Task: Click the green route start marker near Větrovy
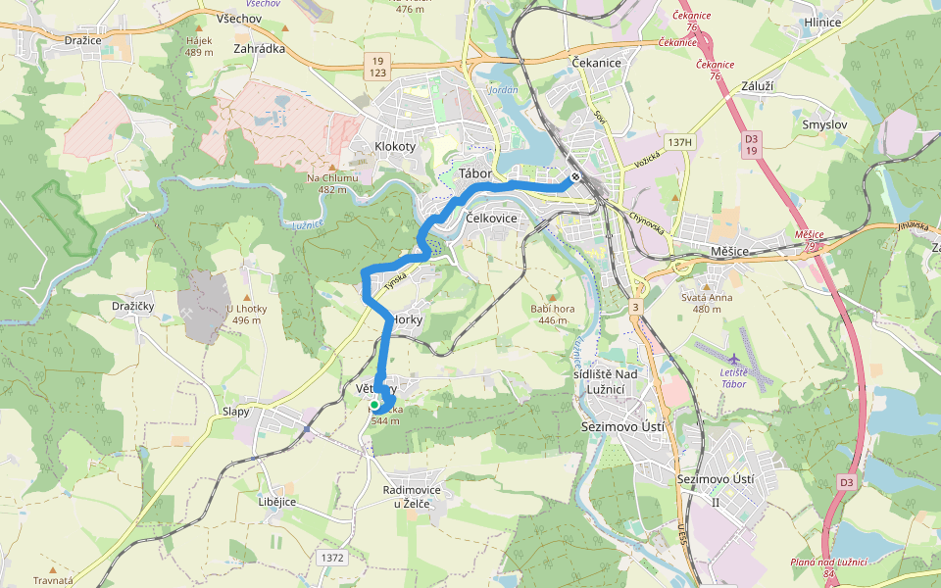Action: coord(373,404)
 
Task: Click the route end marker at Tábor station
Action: coord(576,177)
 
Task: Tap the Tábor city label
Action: coord(474,173)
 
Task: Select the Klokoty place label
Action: coord(395,147)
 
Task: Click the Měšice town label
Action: coord(729,252)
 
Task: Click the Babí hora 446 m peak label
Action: coord(552,314)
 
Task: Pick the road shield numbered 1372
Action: coord(332,557)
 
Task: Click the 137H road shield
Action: coord(679,142)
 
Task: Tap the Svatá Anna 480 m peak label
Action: coord(707,303)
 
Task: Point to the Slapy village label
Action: coord(237,412)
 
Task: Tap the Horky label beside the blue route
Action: coord(407,319)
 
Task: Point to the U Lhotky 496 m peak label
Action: coord(247,315)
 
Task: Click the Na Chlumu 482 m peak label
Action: coord(332,183)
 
